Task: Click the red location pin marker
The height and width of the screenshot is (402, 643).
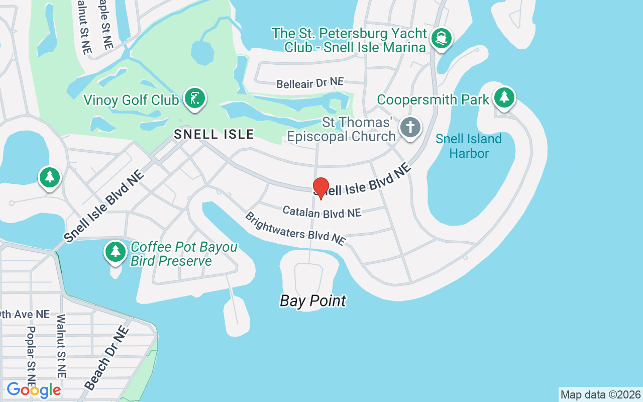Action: coord(321,188)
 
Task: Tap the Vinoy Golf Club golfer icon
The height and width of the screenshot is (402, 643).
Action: coord(194,98)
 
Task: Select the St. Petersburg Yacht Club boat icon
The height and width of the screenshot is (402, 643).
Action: coord(442,38)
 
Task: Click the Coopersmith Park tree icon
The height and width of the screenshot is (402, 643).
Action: coord(504,96)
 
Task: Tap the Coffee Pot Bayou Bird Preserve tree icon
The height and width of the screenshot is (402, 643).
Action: coord(116,251)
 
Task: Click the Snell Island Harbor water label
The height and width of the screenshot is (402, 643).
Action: coord(469,146)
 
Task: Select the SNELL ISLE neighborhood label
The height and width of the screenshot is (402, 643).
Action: coord(214,134)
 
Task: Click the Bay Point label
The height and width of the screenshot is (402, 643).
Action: coord(313,300)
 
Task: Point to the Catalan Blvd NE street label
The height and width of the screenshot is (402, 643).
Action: coord(321,212)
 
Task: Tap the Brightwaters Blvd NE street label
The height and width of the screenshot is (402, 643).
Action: coord(295,229)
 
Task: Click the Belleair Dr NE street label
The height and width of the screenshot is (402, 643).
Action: coord(310,83)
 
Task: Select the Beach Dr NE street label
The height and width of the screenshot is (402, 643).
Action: coord(106,358)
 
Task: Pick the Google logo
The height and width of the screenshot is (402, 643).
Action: coord(34,390)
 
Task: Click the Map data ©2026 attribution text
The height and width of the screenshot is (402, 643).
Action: coord(600,394)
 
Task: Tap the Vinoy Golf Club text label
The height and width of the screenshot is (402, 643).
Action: coord(131,100)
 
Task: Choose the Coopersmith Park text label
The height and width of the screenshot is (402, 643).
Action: coord(433,99)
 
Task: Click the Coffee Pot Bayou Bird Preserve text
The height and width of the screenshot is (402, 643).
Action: coord(183,254)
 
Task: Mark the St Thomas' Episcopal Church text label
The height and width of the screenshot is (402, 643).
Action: coord(341,130)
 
